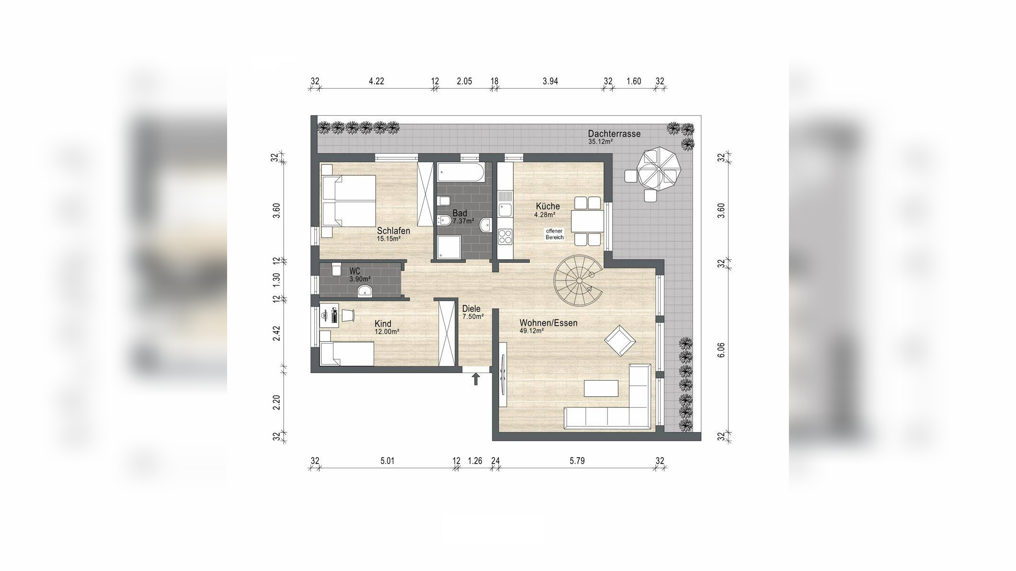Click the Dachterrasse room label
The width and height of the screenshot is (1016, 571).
(614, 134)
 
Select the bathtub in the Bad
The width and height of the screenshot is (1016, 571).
(460, 172)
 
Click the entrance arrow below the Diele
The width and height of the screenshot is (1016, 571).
(475, 379)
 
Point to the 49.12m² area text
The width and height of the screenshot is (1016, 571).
(532, 331)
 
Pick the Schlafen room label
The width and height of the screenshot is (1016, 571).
(393, 231)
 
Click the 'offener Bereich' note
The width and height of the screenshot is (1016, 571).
(555, 234)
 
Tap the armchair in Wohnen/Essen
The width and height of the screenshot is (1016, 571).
(620, 341)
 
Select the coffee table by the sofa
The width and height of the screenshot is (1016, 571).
(601, 388)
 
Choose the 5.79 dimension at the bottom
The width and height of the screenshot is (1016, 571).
(577, 461)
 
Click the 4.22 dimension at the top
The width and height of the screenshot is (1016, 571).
(376, 81)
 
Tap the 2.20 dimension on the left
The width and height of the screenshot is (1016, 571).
(276, 403)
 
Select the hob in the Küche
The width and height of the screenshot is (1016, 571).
(505, 236)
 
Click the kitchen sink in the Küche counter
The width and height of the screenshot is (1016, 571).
(505, 209)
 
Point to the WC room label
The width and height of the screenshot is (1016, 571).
(355, 272)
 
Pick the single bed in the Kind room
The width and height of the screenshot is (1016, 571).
(347, 354)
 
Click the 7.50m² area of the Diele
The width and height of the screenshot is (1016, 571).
(473, 316)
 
